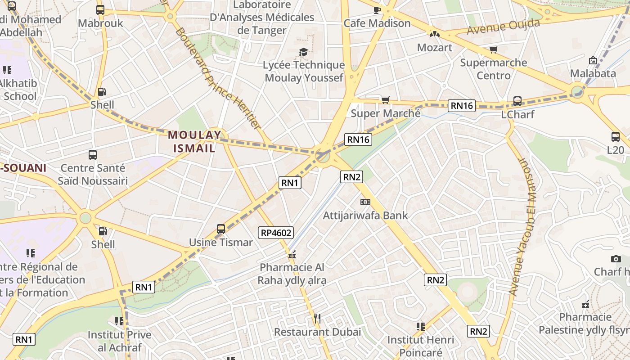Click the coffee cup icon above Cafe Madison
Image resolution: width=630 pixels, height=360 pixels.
(x=377, y=9)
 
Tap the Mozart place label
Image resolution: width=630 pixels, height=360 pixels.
(x=434, y=47)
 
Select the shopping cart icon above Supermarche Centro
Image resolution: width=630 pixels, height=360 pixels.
(x=494, y=49)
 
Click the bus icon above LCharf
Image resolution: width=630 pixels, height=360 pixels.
(x=517, y=101)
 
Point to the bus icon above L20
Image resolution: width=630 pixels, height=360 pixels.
(x=616, y=137)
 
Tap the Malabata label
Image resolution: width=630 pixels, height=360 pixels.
(x=593, y=73)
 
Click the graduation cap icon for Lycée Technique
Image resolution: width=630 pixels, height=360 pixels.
(x=303, y=52)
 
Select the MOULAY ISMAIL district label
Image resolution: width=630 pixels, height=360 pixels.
(x=195, y=141)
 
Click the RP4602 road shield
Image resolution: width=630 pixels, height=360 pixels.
(x=276, y=233)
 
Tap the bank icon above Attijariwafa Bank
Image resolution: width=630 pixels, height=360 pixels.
(x=365, y=202)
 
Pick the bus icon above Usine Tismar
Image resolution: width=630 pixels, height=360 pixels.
(x=220, y=229)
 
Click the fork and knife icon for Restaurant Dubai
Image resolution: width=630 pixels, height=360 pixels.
(x=317, y=319)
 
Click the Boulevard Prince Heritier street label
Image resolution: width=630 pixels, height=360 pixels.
(x=218, y=78)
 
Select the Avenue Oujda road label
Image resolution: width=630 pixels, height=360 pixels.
(x=503, y=27)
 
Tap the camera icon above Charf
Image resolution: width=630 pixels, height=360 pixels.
(x=616, y=259)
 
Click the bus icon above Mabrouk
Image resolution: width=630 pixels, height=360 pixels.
(x=100, y=10)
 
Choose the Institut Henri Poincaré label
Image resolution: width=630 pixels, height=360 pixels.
(x=421, y=346)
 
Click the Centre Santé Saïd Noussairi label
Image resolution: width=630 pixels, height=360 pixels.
(x=93, y=175)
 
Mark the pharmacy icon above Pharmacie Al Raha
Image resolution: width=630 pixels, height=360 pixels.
(x=292, y=255)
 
